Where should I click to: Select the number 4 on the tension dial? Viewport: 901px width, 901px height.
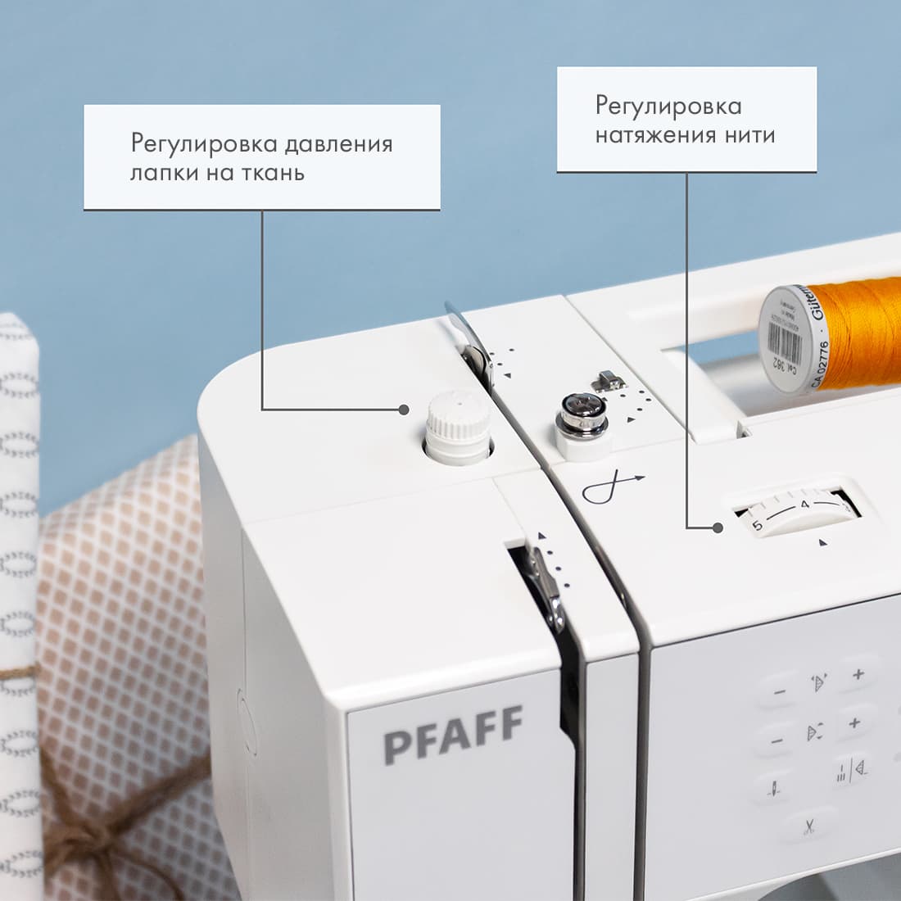pos(805,505)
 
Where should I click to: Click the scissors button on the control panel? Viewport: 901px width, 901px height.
pos(809,825)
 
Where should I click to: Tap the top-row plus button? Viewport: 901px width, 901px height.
pos(858,675)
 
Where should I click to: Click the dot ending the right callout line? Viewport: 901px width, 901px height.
pos(718,527)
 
